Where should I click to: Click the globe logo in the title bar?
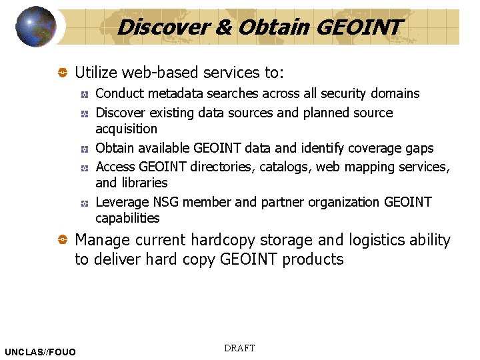click(35, 26)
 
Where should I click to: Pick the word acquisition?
click(127, 129)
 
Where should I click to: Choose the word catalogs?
click(283, 167)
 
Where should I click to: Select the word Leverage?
click(121, 202)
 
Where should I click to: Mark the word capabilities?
click(128, 218)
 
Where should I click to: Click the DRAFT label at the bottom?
click(239, 348)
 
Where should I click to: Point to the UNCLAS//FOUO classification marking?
click(40, 351)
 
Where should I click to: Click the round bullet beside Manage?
click(61, 240)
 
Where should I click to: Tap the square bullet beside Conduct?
click(85, 93)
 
